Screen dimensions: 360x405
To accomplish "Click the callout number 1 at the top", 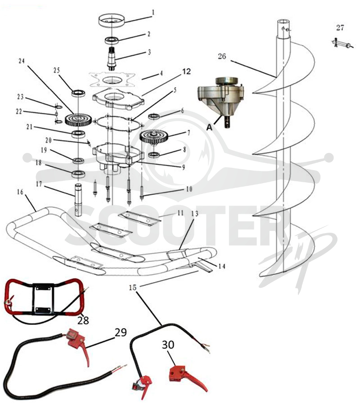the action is pos(153,13).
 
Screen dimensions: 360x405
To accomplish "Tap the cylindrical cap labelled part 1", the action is pos(112,20).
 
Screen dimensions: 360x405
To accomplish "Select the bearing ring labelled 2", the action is pos(112,40).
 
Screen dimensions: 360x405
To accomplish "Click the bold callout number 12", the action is pos(186,71).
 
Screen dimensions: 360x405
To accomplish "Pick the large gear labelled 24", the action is pos(78,120).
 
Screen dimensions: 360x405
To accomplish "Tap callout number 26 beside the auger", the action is pos(222,56).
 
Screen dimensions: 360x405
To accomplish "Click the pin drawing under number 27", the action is pos(342,44).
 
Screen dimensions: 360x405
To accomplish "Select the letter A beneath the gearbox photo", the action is pos(209,127).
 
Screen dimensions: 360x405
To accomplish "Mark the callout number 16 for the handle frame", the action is pos(20,192).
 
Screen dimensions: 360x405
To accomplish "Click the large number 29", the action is pos(120,333).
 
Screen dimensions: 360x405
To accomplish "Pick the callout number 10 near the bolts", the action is pos(189,189).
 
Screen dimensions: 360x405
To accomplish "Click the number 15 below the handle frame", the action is pos(133,287).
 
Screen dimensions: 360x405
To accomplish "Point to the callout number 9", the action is pos(184,167).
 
